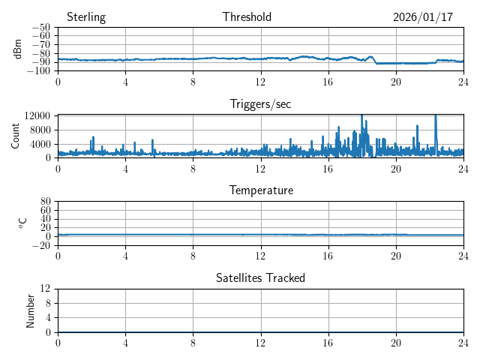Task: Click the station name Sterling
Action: pyautogui.click(x=85, y=17)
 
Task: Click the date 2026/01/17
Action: pyautogui.click(x=423, y=17)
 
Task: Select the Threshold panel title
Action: pyautogui.click(x=247, y=17)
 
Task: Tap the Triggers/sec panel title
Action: pyautogui.click(x=260, y=104)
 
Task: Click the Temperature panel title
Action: pyautogui.click(x=260, y=190)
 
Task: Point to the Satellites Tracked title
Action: pyautogui.click(x=260, y=277)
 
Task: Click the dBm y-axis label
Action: pyautogui.click(x=18, y=49)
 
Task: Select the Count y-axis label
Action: pyautogui.click(x=15, y=136)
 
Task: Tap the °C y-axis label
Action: pyautogui.click(x=22, y=223)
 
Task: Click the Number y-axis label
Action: pyautogui.click(x=30, y=310)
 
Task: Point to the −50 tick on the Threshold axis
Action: pyautogui.click(x=41, y=28)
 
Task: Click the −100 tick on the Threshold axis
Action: pyautogui.click(x=39, y=71)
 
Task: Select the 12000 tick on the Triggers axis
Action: pyautogui.click(x=37, y=115)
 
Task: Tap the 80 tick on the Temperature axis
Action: pyautogui.click(x=45, y=202)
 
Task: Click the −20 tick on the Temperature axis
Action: pyautogui.click(x=41, y=245)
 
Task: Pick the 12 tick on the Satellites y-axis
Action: pyautogui.click(x=45, y=289)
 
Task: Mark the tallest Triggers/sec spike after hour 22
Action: pyautogui.click(x=436, y=116)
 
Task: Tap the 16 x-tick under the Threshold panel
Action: pyautogui.click(x=328, y=80)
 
